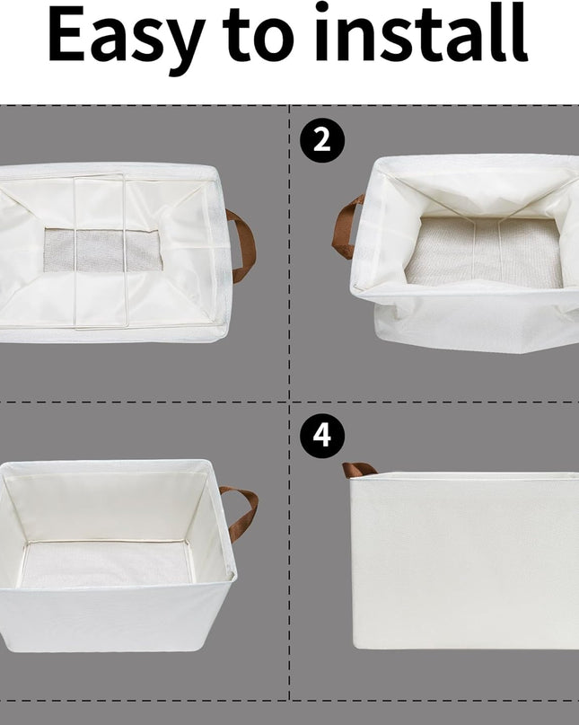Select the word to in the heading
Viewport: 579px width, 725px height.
click(x=259, y=36)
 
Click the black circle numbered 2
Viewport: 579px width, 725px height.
click(x=322, y=140)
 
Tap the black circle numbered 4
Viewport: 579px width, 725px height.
click(x=322, y=436)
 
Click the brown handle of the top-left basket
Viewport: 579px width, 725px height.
click(x=245, y=245)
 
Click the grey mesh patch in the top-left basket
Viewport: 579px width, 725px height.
click(x=102, y=250)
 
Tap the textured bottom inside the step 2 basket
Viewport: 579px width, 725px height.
click(x=484, y=252)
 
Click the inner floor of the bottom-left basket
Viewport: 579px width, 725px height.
click(x=106, y=564)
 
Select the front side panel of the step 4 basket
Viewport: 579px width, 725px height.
click(x=464, y=561)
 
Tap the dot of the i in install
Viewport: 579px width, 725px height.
click(x=322, y=7)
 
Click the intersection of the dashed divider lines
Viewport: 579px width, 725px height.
click(x=289, y=402)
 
